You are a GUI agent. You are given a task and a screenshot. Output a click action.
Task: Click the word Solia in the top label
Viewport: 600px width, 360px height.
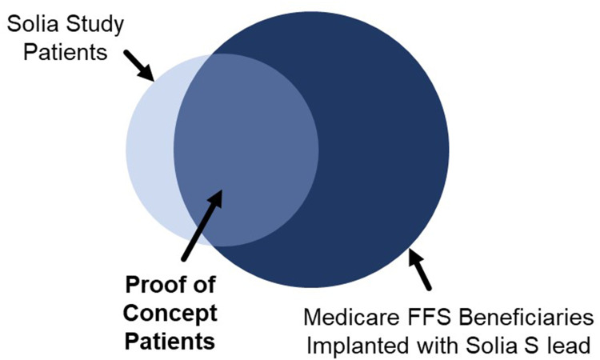tap(31, 25)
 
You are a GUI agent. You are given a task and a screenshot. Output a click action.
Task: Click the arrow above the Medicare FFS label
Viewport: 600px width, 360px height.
tap(420, 268)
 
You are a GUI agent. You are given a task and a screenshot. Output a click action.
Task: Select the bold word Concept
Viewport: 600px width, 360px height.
tap(170, 314)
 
